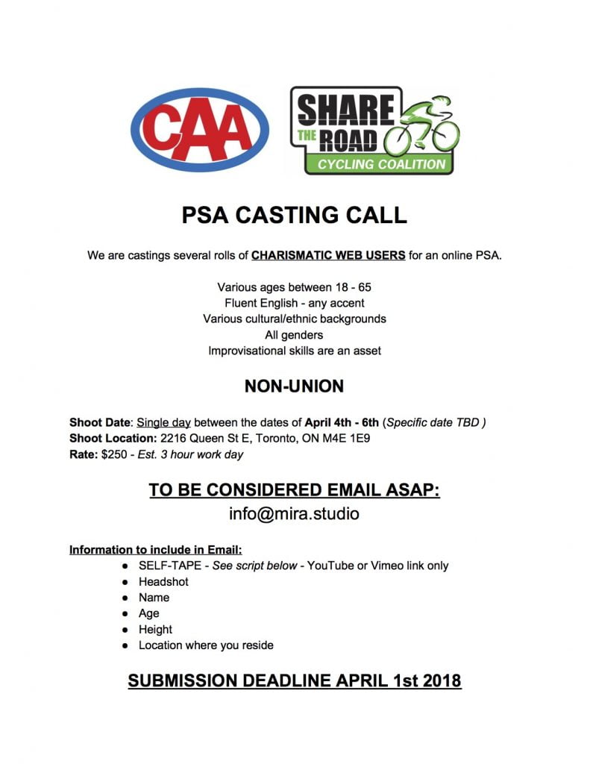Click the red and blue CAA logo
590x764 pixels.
coord(199,130)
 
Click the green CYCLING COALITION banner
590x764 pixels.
coord(381,164)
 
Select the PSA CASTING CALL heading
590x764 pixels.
coord(295,215)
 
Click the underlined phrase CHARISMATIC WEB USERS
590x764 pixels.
coord(328,255)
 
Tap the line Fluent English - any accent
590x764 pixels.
coord(294,303)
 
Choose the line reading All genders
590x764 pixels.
coord(294,335)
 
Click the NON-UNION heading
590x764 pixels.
coord(294,386)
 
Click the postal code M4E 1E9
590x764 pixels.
coord(354,439)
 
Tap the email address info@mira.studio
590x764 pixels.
coord(294,514)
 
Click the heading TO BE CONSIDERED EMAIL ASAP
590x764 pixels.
coord(294,490)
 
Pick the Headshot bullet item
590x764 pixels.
coord(163,582)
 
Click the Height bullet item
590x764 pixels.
coord(155,630)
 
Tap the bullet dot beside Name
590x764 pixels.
coord(125,598)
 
